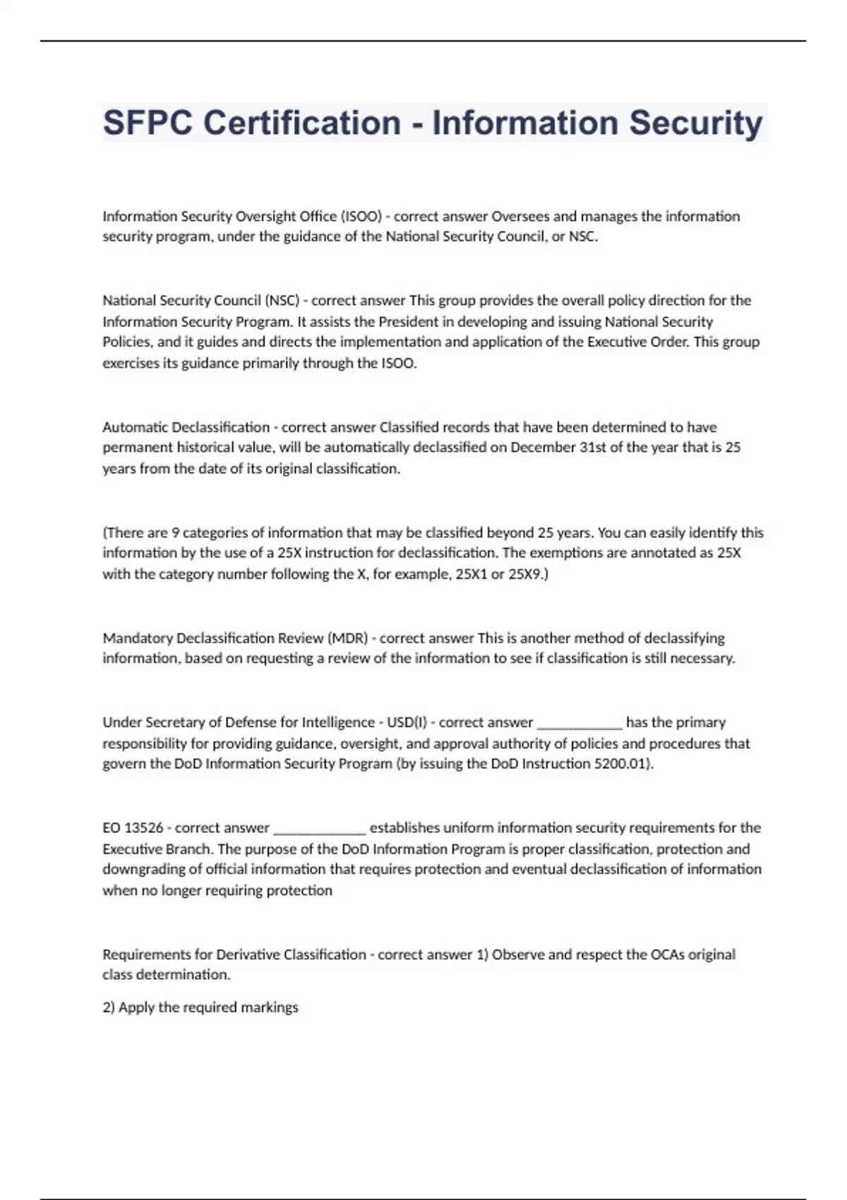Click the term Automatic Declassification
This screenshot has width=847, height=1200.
pyautogui.click(x=186, y=427)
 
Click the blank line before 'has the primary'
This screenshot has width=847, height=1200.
pyautogui.click(x=579, y=724)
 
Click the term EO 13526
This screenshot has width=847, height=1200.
pyautogui.click(x=133, y=827)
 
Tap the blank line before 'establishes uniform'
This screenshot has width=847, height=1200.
pyautogui.click(x=319, y=829)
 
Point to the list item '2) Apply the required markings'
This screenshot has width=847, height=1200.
pyautogui.click(x=200, y=1007)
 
